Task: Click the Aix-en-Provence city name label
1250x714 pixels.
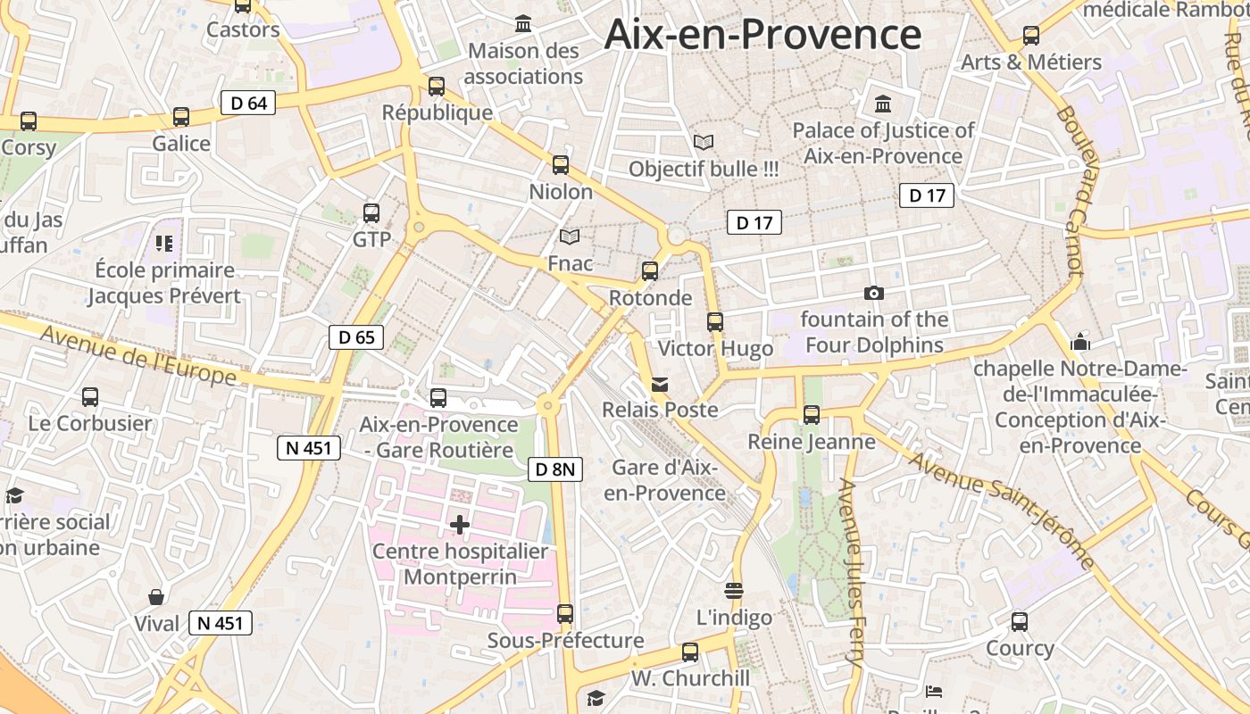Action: tap(762, 34)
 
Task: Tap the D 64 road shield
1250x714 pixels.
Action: tap(248, 103)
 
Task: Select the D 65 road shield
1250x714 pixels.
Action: tap(356, 337)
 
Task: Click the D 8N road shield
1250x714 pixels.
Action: tap(555, 469)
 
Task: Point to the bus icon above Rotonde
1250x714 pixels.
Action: tap(650, 271)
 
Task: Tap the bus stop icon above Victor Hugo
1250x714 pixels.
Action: tap(715, 322)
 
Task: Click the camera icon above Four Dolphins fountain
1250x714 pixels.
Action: tap(874, 293)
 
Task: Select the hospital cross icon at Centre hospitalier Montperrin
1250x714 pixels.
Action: tap(460, 525)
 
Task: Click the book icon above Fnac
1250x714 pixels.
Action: tap(570, 237)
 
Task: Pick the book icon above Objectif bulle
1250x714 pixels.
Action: tap(704, 142)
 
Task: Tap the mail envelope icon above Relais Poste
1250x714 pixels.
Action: tap(660, 385)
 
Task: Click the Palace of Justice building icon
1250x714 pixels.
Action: tap(883, 104)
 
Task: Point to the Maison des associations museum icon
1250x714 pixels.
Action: tap(523, 24)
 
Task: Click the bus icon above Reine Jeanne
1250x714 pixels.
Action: tap(812, 415)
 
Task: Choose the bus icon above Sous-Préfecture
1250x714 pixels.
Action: tap(565, 614)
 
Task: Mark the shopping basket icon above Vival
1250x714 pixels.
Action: tap(156, 596)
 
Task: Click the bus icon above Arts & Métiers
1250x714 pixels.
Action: tap(1031, 36)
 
